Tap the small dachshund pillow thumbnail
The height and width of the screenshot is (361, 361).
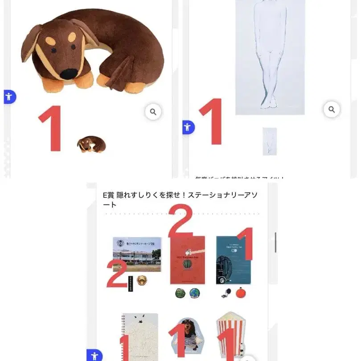[x=91, y=144]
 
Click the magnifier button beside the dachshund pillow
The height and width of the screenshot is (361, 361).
[x=153, y=112]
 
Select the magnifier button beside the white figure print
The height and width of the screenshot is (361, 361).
[x=331, y=109]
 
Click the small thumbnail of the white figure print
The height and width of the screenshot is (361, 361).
[x=269, y=141]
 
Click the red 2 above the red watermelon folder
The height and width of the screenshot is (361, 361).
[x=180, y=221]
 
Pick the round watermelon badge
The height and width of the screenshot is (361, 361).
[x=180, y=293]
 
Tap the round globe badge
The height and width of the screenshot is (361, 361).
[x=194, y=293]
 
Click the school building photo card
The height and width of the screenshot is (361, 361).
[x=137, y=254]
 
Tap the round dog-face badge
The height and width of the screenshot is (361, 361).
[x=142, y=281]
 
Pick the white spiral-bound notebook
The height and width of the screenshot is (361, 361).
[x=140, y=337]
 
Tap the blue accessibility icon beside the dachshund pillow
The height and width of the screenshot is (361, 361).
[x=9, y=96]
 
